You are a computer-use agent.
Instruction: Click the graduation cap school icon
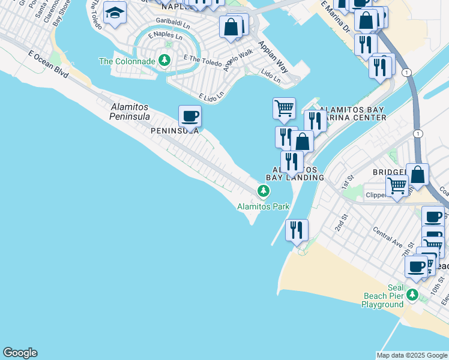click(x=114, y=13)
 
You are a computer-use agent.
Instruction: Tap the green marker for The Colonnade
click(x=164, y=61)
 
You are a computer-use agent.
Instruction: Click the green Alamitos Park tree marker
click(x=263, y=191)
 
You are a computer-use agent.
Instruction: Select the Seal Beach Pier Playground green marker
click(x=412, y=294)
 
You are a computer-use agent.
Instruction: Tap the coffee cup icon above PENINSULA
click(x=190, y=116)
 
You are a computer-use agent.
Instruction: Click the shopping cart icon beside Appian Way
click(x=284, y=109)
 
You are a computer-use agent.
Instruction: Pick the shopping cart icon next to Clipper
click(x=397, y=187)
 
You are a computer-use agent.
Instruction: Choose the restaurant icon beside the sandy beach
click(x=297, y=230)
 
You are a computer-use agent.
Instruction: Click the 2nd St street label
click(x=341, y=224)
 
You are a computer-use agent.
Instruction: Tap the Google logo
click(x=20, y=353)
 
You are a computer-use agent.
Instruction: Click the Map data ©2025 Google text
click(x=412, y=355)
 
